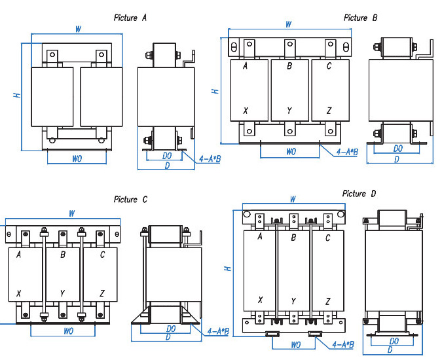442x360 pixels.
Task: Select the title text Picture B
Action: pos(360,18)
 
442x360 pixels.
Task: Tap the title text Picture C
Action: pos(135,199)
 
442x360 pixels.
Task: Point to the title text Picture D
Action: pos(359,194)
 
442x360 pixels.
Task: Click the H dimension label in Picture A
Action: pos(16,96)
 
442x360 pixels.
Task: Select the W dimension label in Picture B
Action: pos(288,24)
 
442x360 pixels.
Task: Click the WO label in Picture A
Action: pos(77,158)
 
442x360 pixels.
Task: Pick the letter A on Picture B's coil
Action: pos(245,66)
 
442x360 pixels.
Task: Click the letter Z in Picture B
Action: pos(329,111)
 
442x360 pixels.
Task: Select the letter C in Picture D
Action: pos(327,238)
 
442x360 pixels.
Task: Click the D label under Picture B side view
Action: pos(396,159)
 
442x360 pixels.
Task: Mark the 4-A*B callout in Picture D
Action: pos(343,344)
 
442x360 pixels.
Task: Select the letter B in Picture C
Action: pos(63,255)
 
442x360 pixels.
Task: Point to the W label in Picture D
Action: pos(293,199)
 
